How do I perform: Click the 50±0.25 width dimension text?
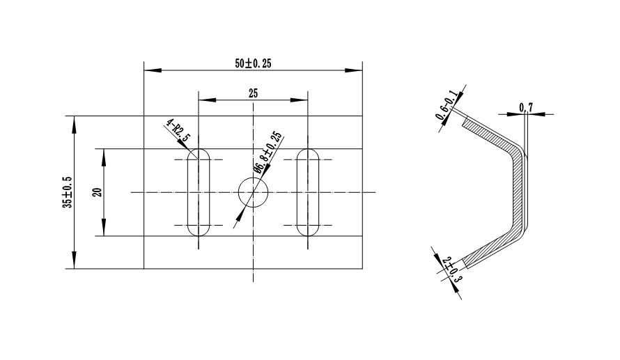253,63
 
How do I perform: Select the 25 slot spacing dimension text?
253,93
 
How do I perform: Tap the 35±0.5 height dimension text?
68,192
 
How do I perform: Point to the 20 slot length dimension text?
98,192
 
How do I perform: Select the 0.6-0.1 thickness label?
447,105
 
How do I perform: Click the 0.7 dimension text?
526,107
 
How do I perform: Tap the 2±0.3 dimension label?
452,269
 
